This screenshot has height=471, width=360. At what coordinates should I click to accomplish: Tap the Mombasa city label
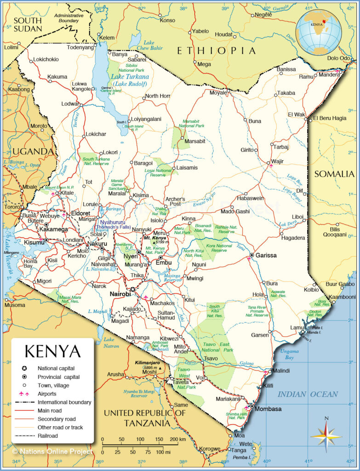tap(268, 409)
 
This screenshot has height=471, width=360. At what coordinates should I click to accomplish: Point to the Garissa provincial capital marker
tap(252, 255)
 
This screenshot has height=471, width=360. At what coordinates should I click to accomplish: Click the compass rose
tap(326, 435)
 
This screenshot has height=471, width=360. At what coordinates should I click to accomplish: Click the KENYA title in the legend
tap(52, 351)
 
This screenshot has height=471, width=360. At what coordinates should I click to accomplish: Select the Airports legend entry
tap(47, 394)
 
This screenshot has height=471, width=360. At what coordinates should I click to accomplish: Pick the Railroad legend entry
tap(49, 436)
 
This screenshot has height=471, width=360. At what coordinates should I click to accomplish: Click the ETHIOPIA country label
tap(216, 51)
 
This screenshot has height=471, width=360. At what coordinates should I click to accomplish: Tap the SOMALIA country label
tap(334, 174)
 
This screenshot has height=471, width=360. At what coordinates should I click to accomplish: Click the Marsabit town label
tap(194, 141)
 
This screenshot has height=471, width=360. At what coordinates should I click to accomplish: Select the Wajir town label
tap(278, 161)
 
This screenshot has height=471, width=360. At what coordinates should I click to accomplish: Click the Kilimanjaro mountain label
tap(147, 363)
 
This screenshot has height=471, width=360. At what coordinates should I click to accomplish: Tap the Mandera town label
tap(328, 74)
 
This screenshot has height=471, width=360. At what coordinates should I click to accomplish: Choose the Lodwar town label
tap(70, 104)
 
